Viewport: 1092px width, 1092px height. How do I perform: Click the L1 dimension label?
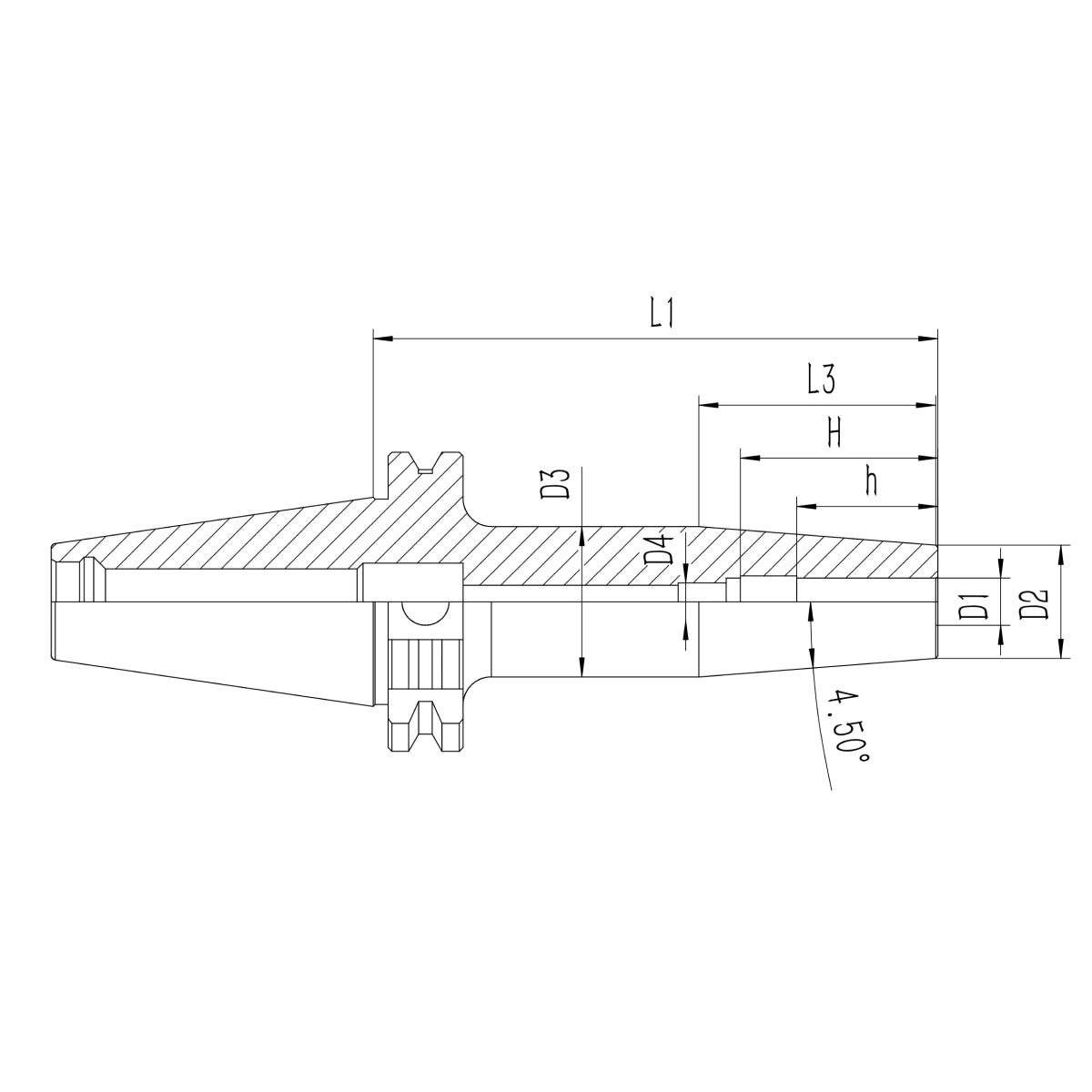point(661,313)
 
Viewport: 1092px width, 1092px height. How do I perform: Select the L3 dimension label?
point(822,379)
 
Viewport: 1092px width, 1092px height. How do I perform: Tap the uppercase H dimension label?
point(834,432)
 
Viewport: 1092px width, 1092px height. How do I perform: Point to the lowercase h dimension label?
point(871,481)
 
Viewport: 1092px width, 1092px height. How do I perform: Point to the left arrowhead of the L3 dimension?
point(708,404)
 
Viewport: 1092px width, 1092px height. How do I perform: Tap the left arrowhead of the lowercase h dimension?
point(807,506)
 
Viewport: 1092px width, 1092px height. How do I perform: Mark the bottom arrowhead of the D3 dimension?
point(581,669)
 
